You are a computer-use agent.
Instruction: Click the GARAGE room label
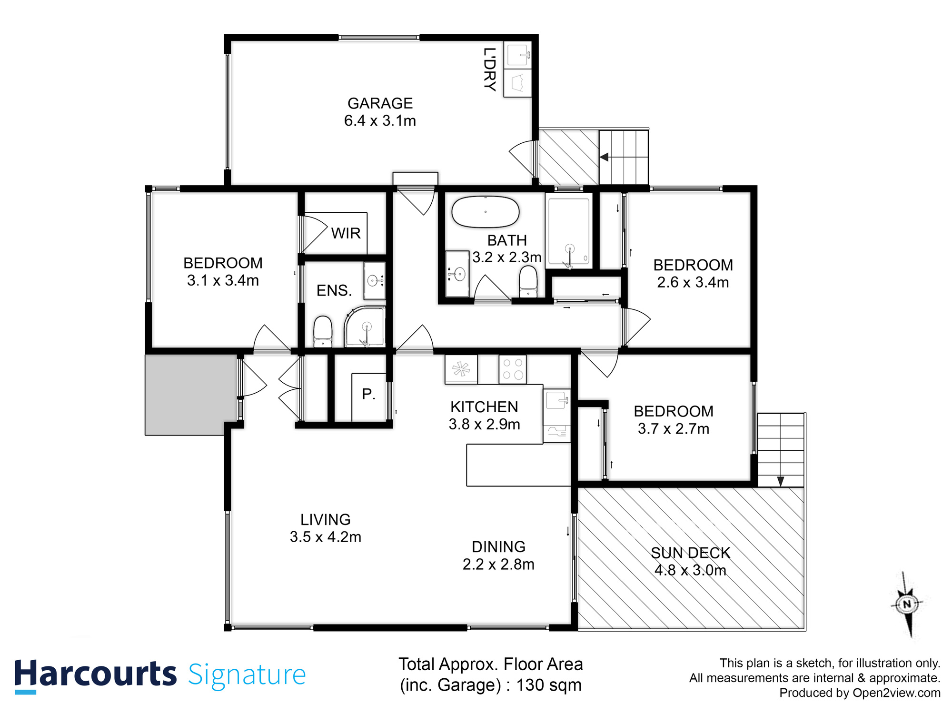380,103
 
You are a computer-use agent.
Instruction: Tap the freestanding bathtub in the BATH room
485,212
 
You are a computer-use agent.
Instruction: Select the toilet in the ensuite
323,332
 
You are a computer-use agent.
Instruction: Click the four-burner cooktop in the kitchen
513,369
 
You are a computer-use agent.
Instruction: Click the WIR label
346,233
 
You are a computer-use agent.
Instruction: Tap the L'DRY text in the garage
489,69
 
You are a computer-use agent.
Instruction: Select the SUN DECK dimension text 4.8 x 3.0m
690,570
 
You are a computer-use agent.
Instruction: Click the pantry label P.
368,394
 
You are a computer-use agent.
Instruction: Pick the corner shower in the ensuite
365,327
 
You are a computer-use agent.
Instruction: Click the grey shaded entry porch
191,394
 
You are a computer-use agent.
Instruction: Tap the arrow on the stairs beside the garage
604,157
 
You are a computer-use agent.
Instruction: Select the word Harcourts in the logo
95,674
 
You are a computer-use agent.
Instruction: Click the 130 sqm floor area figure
549,685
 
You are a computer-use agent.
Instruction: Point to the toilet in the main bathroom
528,282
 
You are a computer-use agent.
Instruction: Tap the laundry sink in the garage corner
517,55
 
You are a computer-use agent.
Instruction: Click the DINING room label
498,546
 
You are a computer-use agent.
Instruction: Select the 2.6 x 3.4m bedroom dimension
693,283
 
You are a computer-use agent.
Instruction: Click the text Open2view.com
896,693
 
